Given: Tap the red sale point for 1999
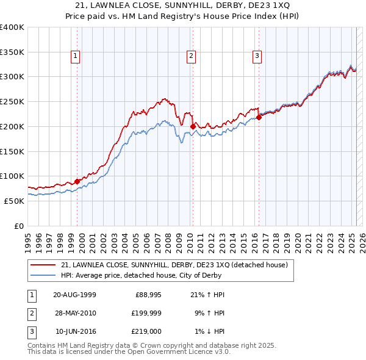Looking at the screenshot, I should [x=77, y=181].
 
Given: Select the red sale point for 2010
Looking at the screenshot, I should [x=193, y=126].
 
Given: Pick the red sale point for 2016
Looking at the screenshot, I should [x=259, y=117].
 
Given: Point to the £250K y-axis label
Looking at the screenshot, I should [x=12, y=101].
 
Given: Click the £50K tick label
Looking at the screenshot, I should [x=15, y=201].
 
